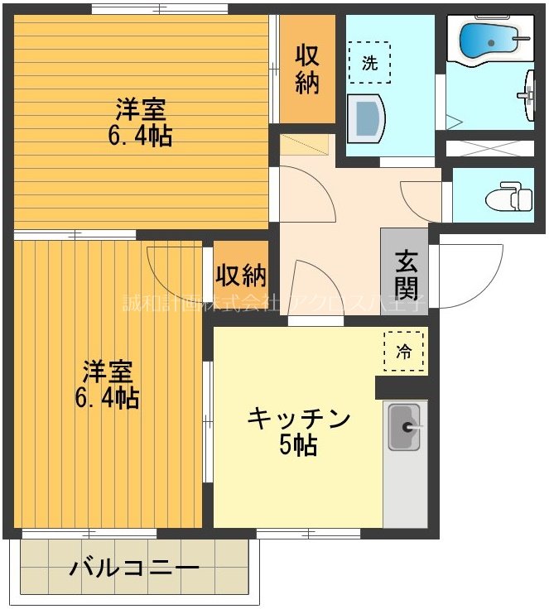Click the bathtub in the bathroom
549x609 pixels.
point(489,37)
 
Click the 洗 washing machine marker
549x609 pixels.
point(369,65)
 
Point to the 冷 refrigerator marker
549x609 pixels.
point(403,350)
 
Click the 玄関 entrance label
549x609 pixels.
point(406,274)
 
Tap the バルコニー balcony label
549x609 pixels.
point(134,568)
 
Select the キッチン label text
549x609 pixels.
point(299,419)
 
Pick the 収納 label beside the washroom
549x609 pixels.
point(307,69)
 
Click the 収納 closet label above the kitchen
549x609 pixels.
point(241,273)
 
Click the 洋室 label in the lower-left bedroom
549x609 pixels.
point(107,370)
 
